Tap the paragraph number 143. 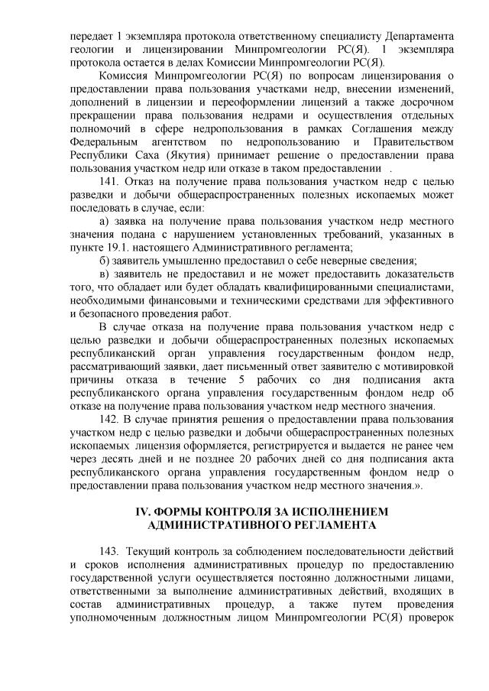tap(110, 551)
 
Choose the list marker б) tap(107, 261)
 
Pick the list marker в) tap(107, 274)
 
